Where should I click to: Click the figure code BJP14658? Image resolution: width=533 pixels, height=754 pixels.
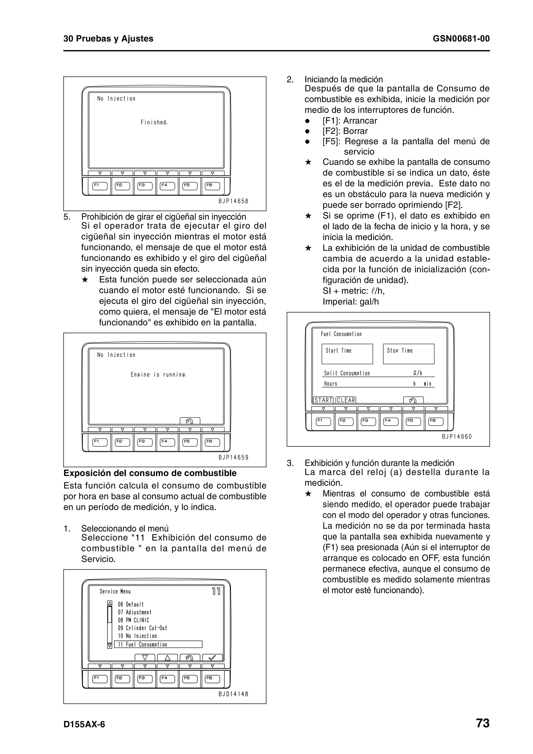pyautogui.click(x=233, y=201)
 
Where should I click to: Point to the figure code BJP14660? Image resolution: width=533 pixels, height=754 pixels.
pyautogui.click(x=456, y=437)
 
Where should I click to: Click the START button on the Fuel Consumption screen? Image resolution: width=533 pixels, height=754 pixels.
pyautogui.click(x=323, y=400)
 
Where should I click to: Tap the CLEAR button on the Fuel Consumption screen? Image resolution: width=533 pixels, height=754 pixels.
pyautogui.click(x=346, y=400)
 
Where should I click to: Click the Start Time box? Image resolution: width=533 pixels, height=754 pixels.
pyautogui.click(x=347, y=354)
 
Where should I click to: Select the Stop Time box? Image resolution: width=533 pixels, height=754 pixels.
pyautogui.click(x=409, y=354)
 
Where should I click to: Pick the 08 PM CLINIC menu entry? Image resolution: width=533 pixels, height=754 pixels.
pyautogui.click(x=134, y=620)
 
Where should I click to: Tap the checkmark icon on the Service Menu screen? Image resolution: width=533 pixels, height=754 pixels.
pyautogui.click(x=212, y=657)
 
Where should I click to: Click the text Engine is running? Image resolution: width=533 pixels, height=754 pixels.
pyautogui.click(x=158, y=375)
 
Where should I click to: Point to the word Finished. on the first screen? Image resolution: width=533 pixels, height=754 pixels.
pyautogui.click(x=154, y=123)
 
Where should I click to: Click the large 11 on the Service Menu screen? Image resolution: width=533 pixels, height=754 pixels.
pyautogui.click(x=216, y=592)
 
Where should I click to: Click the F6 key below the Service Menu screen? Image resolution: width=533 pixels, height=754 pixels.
pyautogui.click(x=212, y=679)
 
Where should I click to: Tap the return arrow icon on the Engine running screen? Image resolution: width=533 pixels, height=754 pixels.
pyautogui.click(x=190, y=421)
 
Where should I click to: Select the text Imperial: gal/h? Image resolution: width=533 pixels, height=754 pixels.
pyautogui.click(x=350, y=302)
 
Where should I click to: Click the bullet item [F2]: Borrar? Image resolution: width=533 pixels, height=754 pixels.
pyautogui.click(x=345, y=131)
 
